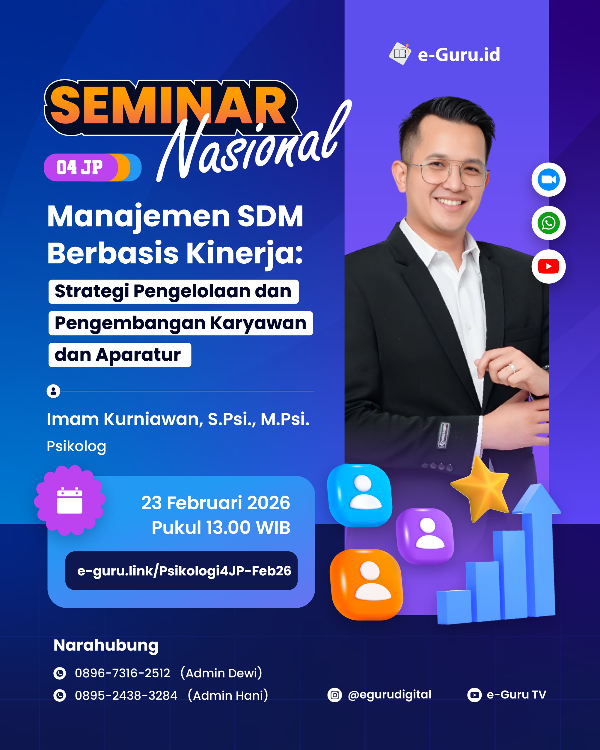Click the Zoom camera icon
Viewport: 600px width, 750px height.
[x=548, y=180]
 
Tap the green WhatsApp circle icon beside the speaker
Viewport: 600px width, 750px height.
[x=548, y=223]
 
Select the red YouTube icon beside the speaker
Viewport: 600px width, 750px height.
[x=548, y=267]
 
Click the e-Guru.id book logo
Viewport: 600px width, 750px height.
[x=400, y=54]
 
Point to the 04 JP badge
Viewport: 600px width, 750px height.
[x=93, y=167]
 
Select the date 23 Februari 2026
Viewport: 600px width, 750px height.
[x=215, y=503]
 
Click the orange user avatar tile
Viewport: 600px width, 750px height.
[x=367, y=585]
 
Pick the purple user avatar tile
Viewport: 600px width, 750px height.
[x=425, y=536]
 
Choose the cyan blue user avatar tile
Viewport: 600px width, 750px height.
[x=360, y=495]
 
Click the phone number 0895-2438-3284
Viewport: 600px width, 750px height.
[x=126, y=696]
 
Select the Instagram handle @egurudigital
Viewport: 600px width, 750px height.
[x=389, y=695]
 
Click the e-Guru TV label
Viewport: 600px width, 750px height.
[x=517, y=695]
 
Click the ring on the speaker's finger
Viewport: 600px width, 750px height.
[x=512, y=368]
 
